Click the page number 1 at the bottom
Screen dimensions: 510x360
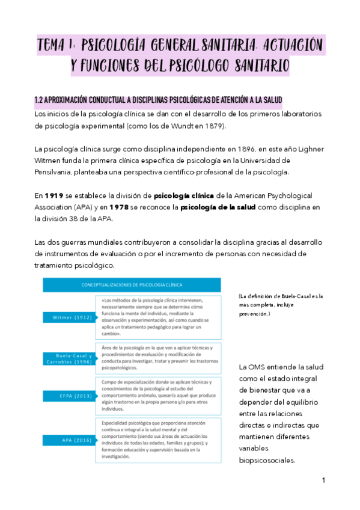(323, 480)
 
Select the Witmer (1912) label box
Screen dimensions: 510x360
(67, 317)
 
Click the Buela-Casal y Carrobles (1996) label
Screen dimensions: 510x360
(67, 360)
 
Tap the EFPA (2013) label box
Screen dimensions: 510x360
(67, 395)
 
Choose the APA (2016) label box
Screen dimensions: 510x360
(67, 440)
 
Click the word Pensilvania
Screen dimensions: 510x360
(55, 172)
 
